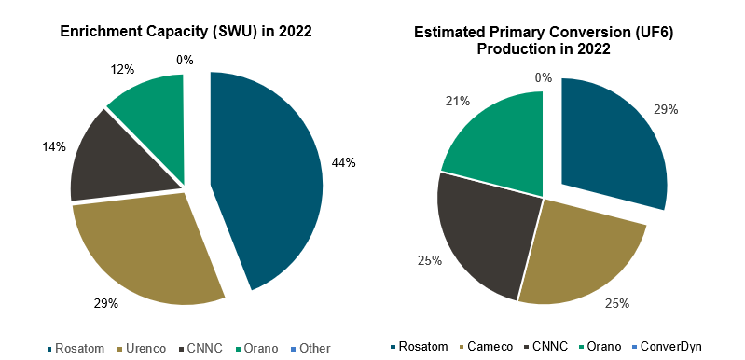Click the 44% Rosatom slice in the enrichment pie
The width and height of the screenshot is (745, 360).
point(270,177)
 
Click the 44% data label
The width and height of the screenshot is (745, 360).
point(343,162)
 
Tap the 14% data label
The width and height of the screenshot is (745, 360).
point(54,146)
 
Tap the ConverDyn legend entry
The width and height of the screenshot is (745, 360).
point(663,347)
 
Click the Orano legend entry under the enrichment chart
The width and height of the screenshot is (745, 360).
point(255,348)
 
